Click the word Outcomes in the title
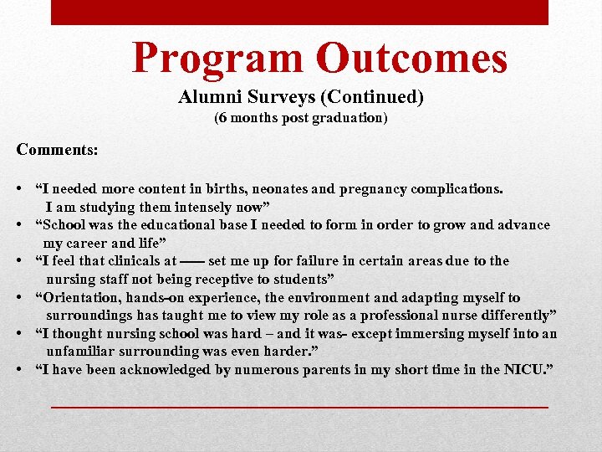[x=411, y=59]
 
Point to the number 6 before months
[x=220, y=118]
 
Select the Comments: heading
[x=57, y=150]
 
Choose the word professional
[x=415, y=316]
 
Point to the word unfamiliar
[x=83, y=352]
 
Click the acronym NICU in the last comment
[x=524, y=370]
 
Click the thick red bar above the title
[x=299, y=12]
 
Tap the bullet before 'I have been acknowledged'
[x=20, y=370]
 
